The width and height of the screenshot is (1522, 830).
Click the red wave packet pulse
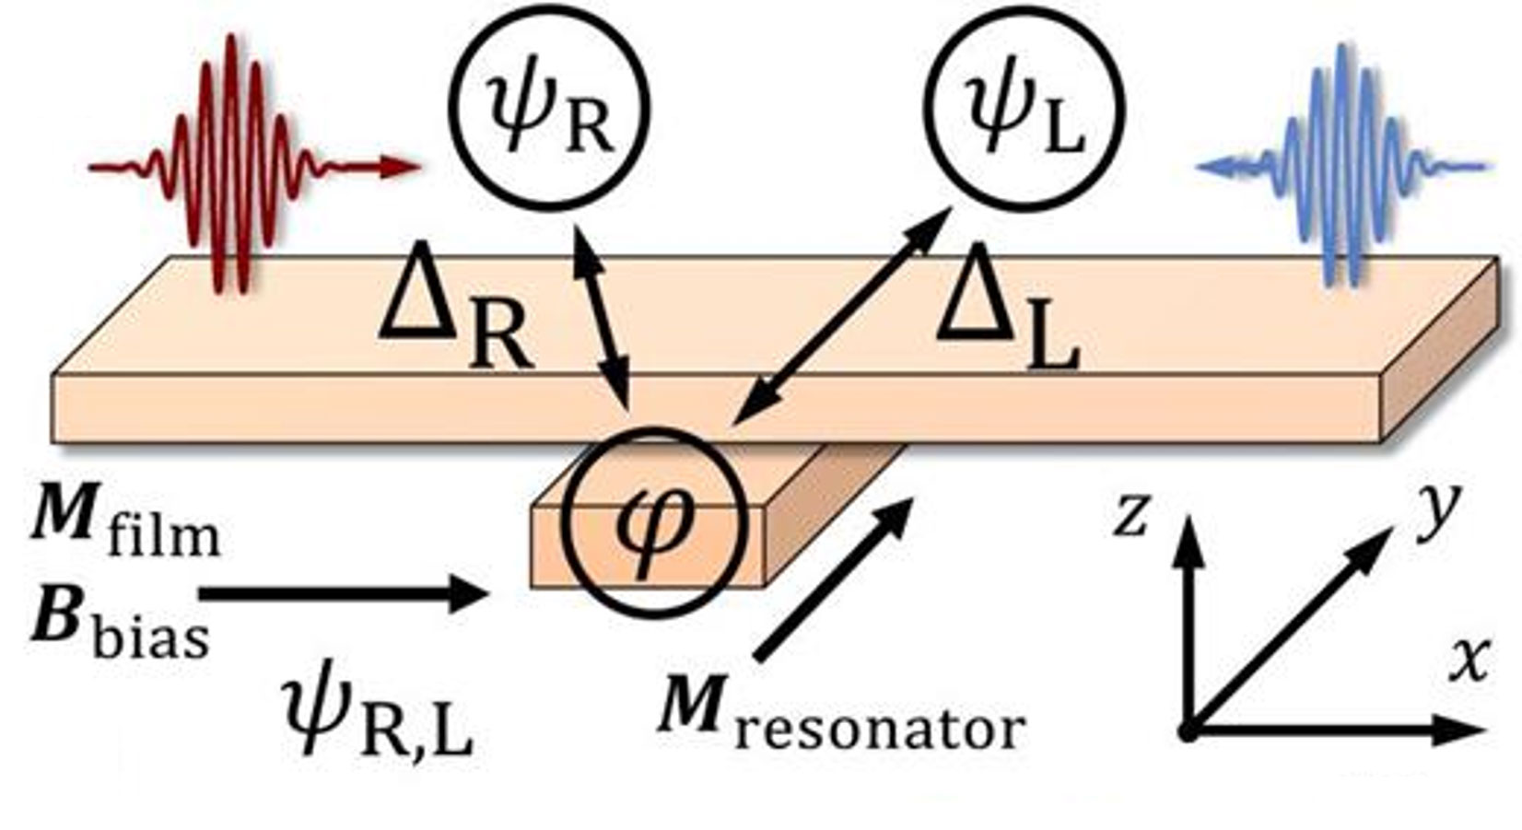coord(230,166)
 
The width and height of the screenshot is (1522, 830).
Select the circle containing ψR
coord(549,109)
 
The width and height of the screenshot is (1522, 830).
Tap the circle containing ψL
coord(1024,109)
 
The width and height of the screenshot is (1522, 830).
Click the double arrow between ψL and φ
coord(843,313)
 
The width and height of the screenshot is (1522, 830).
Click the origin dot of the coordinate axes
coord(1188,732)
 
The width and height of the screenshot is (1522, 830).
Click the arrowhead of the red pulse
coord(401,167)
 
